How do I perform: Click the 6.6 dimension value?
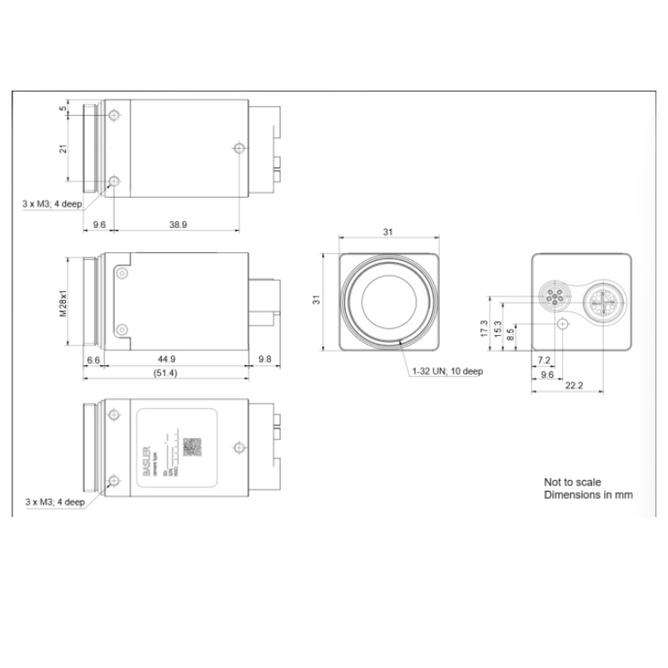pyautogui.click(x=94, y=359)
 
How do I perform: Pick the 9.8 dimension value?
pyautogui.click(x=265, y=359)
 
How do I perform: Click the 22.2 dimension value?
pyautogui.click(x=574, y=386)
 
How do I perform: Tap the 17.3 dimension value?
pyautogui.click(x=484, y=329)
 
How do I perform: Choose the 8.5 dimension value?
pyautogui.click(x=509, y=336)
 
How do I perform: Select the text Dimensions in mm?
pyautogui.click(x=588, y=494)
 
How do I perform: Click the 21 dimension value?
pyautogui.click(x=63, y=150)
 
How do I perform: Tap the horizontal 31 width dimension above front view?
pyautogui.click(x=387, y=232)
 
